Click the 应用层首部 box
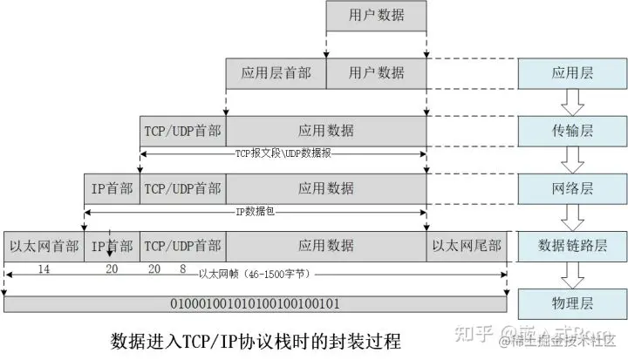pyautogui.click(x=276, y=73)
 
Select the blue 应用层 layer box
pyautogui.click(x=573, y=73)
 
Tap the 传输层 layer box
pyautogui.click(x=573, y=131)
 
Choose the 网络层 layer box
pyautogui.click(x=573, y=187)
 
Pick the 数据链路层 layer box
pyautogui.click(x=573, y=246)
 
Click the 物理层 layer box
pyautogui.click(x=573, y=304)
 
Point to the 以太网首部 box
pyautogui.click(x=44, y=246)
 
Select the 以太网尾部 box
pyautogui.click(x=468, y=246)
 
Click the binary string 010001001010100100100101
pyautogui.click(x=256, y=304)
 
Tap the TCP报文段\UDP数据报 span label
pyautogui.click(x=283, y=153)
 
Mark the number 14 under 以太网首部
pyautogui.click(x=44, y=269)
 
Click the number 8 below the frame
pyautogui.click(x=181, y=269)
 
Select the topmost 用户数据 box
pyautogui.click(x=376, y=16)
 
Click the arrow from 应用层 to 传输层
pyautogui.click(x=573, y=102)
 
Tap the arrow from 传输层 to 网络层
pyautogui.click(x=573, y=160)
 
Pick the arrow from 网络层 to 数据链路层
pyautogui.click(x=573, y=217)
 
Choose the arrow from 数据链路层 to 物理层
pyautogui.click(x=573, y=275)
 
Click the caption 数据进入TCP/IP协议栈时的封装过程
pyautogui.click(x=257, y=338)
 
